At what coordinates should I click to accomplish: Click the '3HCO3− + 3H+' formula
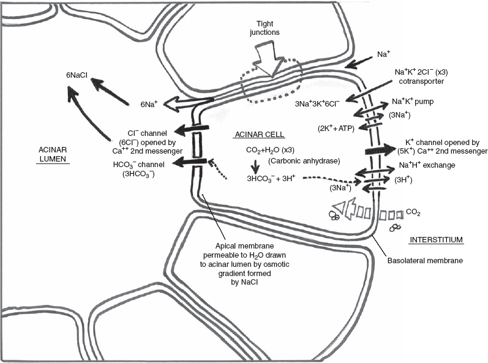[x=271, y=179]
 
